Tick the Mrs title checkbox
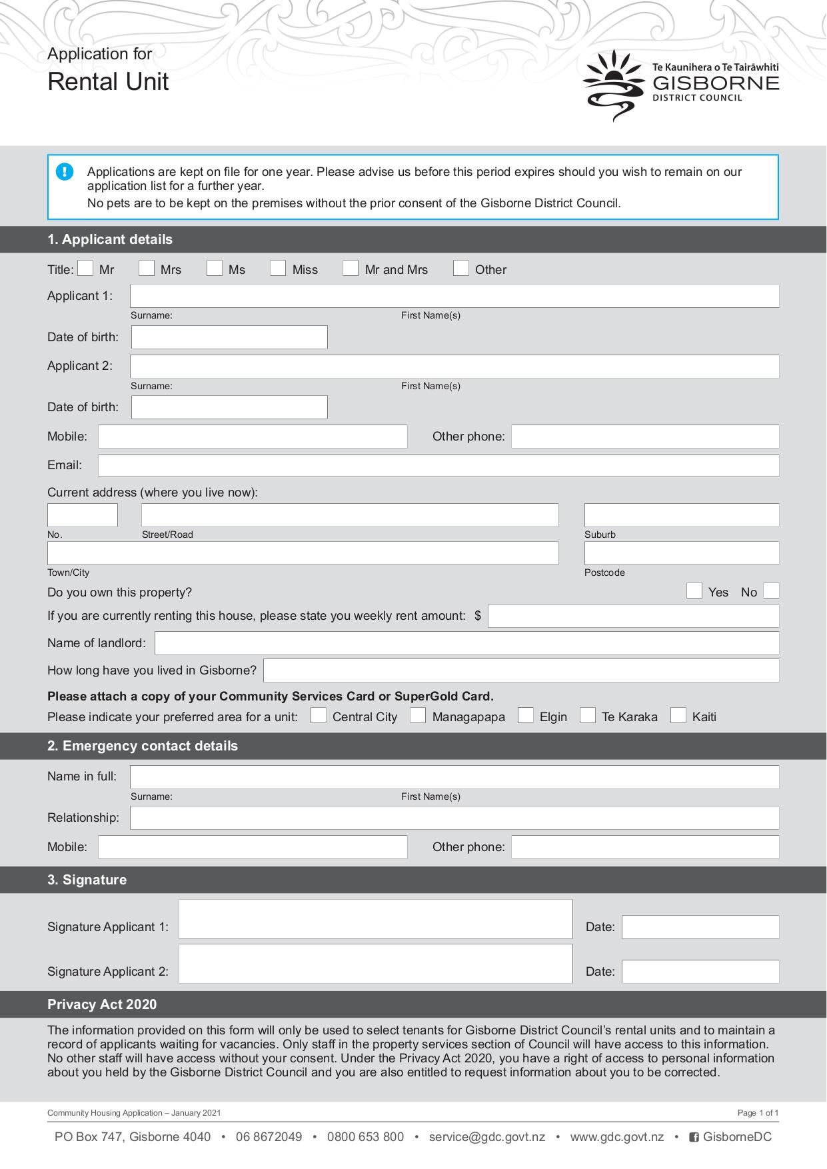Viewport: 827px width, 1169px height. [147, 268]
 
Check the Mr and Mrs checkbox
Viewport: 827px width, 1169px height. [351, 268]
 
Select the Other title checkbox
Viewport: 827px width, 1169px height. [460, 268]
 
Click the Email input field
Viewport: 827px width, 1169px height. [438, 465]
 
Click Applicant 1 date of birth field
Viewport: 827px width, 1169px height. [229, 337]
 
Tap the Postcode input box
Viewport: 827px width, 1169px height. [681, 553]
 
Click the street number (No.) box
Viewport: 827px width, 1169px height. [83, 515]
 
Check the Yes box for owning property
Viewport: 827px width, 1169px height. [694, 590]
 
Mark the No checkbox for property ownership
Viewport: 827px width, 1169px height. [771, 590]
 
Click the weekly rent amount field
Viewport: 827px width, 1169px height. [633, 616]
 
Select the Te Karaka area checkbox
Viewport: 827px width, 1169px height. [588, 715]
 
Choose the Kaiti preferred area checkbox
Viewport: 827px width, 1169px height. [678, 715]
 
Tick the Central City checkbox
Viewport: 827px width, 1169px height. [319, 715]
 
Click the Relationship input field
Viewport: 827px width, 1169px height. [454, 818]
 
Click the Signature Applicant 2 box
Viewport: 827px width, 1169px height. [375, 964]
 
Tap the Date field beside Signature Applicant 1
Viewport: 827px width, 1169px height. [700, 927]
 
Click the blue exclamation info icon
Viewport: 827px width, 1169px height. [65, 172]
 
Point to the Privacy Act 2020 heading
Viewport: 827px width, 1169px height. [102, 1004]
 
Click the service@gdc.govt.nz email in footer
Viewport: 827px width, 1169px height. [486, 1137]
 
